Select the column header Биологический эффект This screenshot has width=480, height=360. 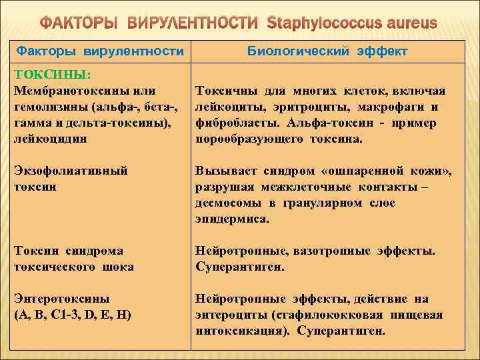tap(327, 51)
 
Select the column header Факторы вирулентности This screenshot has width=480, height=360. tap(100, 51)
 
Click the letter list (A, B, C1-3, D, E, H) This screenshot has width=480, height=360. tap(72, 314)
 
